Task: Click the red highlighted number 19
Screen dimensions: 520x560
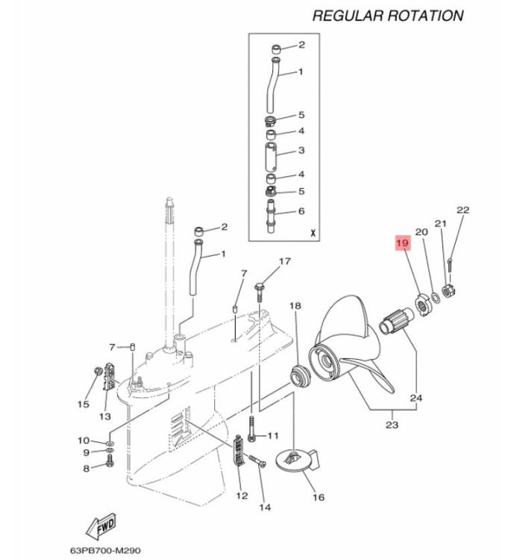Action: (x=403, y=243)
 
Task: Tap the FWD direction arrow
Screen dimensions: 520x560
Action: (x=101, y=527)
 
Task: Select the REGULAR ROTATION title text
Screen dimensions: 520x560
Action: (x=388, y=16)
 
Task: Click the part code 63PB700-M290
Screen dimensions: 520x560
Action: (x=105, y=550)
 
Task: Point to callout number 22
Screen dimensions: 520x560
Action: (x=463, y=210)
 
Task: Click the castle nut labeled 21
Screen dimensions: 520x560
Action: (x=448, y=290)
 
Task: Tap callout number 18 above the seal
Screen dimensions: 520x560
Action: (x=295, y=305)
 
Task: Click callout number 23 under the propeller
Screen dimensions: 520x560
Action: (x=392, y=425)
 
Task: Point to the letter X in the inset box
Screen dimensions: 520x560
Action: (x=313, y=234)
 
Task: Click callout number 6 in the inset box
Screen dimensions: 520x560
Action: (x=301, y=211)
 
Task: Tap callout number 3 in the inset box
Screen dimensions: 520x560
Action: (x=301, y=150)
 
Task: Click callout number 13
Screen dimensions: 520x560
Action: (x=105, y=416)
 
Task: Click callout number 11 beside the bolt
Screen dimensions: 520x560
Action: (x=272, y=435)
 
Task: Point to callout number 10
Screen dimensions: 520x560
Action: (x=84, y=441)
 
